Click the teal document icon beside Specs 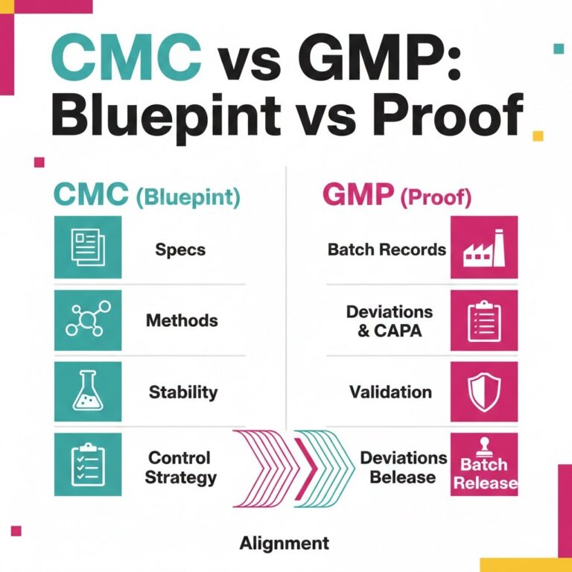tap(88, 247)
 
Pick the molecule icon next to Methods tap(88, 318)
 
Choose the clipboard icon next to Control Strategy tap(88, 464)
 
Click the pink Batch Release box tap(484, 465)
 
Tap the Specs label tap(180, 249)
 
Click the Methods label tap(182, 321)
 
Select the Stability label tap(183, 391)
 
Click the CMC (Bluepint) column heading tap(146, 197)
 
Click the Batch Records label tap(387, 249)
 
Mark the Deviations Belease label tap(403, 466)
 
